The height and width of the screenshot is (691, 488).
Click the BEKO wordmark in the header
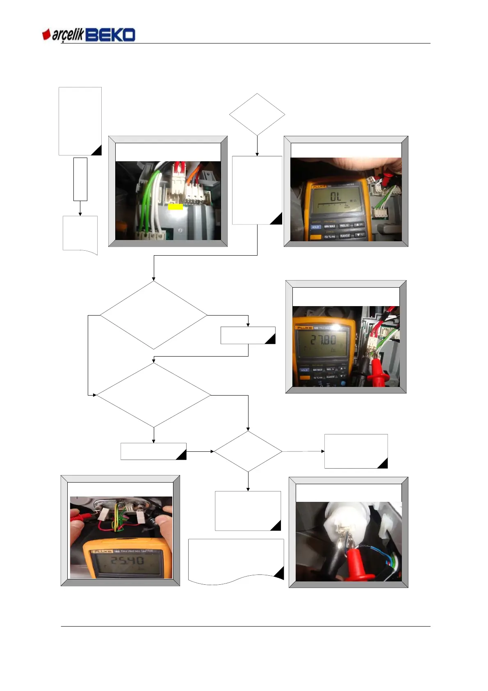[x=110, y=35]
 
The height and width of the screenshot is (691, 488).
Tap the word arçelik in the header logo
[x=68, y=35]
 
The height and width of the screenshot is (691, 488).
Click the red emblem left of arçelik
[x=46, y=34]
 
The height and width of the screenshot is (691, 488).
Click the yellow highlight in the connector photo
[x=176, y=207]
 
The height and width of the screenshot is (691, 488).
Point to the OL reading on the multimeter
[x=335, y=197]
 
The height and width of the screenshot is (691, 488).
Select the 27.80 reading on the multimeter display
[x=323, y=340]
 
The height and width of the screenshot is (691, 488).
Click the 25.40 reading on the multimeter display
[x=127, y=560]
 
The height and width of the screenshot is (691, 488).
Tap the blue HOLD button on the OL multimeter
[x=315, y=227]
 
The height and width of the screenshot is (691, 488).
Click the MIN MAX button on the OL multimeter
[x=330, y=226]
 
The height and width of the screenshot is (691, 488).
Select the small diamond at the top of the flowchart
[x=257, y=114]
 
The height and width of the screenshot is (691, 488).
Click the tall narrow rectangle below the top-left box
[x=80, y=179]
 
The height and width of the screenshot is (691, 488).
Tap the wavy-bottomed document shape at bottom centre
[x=236, y=561]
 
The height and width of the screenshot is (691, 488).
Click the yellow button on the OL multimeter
[x=315, y=237]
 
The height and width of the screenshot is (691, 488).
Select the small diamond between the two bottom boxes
[x=248, y=451]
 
